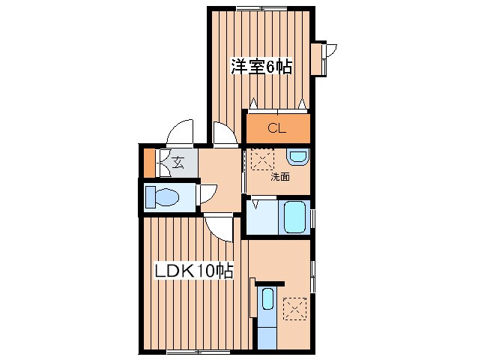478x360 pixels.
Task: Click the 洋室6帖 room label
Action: click(x=261, y=66)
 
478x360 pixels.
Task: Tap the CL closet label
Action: click(x=276, y=128)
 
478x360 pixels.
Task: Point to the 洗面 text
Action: click(x=279, y=177)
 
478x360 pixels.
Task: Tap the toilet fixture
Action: click(x=163, y=198)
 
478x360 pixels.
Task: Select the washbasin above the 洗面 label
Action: click(x=298, y=157)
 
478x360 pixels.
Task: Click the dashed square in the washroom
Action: click(x=261, y=160)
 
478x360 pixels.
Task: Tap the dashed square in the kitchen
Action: click(x=294, y=308)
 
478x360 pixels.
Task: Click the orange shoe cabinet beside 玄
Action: click(x=149, y=162)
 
